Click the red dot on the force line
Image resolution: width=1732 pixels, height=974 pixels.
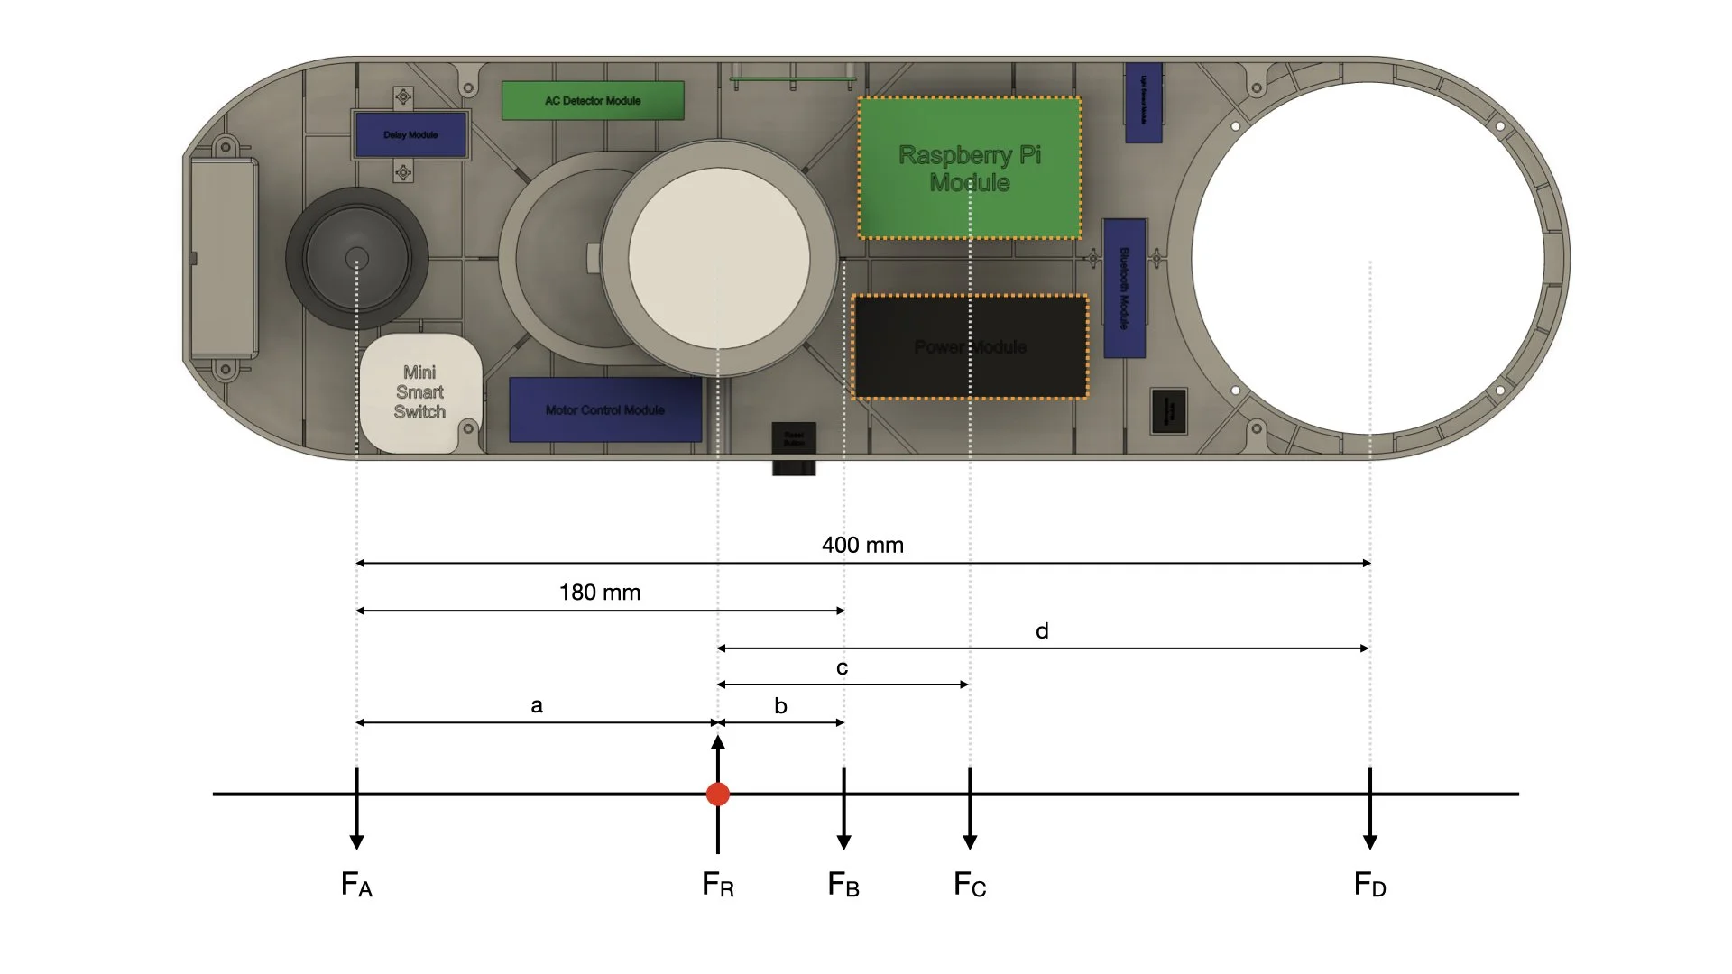tap(718, 794)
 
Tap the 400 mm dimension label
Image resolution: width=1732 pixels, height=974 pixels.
tap(862, 545)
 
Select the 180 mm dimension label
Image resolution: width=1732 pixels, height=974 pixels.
tap(600, 593)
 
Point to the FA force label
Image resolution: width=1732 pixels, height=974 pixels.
tap(356, 884)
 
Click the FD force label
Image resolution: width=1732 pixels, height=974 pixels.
tap(1369, 884)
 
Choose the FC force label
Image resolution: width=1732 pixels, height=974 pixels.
tap(970, 884)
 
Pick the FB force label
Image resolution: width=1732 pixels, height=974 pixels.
tap(843, 884)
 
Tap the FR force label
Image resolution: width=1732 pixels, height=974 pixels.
tap(718, 884)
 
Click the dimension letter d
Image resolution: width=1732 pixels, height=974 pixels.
tap(1042, 631)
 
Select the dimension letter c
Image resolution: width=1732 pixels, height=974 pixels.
tap(842, 668)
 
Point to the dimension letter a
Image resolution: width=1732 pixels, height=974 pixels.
tap(537, 705)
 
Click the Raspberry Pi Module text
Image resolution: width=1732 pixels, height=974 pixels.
tap(970, 169)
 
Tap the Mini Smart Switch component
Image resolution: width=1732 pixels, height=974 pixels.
tap(419, 392)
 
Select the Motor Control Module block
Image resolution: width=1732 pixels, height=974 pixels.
tap(605, 409)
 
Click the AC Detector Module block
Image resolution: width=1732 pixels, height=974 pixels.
tap(593, 100)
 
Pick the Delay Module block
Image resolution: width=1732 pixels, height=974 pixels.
tap(410, 134)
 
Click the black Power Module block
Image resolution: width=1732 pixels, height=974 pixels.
tap(970, 347)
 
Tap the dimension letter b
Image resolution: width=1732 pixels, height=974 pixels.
tap(780, 706)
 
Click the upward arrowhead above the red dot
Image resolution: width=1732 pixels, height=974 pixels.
tap(718, 743)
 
